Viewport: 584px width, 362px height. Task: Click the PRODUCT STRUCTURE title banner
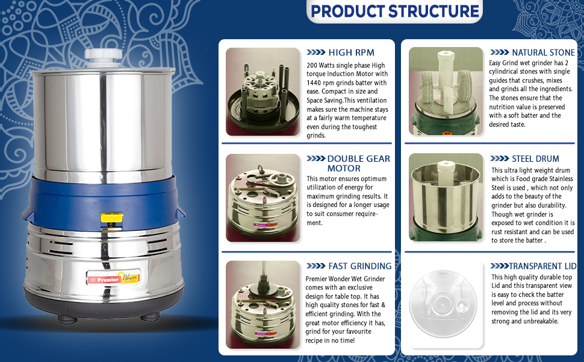[x=394, y=11]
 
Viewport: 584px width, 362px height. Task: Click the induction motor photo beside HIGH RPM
[x=263, y=92]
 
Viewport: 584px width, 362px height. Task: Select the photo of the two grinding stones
[x=446, y=91]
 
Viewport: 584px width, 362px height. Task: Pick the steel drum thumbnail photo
[x=446, y=197]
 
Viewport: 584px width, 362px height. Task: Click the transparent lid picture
[x=443, y=304]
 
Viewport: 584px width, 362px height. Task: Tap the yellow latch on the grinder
[x=112, y=218]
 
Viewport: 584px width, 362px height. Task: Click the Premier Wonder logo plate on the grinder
[x=114, y=278]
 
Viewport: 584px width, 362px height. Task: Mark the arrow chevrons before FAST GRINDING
[x=316, y=266]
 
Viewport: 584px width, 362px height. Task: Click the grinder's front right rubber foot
[x=150, y=317]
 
